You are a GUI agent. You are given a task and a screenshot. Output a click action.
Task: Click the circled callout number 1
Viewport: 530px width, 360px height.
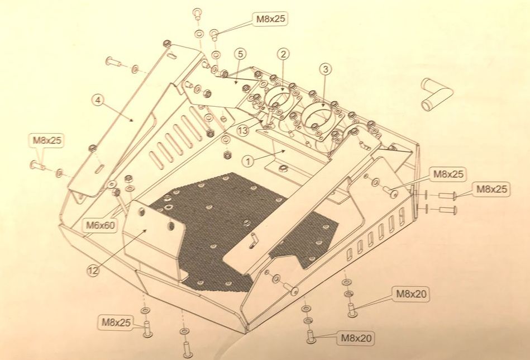tap(248, 162)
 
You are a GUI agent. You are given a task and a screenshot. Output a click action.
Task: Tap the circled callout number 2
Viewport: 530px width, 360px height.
tap(283, 54)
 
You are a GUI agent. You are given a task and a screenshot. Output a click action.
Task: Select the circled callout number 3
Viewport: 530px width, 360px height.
tap(326, 69)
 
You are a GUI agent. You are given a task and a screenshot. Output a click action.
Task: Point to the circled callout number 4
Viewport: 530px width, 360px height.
tap(98, 100)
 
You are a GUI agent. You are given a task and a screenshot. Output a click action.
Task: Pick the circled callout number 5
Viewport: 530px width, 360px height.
tap(240, 54)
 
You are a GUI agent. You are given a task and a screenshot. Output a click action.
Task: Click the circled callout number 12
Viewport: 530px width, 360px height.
tap(93, 271)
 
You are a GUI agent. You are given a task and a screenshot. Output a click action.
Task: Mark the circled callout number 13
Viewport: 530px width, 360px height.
tap(243, 131)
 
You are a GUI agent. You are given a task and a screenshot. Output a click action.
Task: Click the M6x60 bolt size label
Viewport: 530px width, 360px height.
tap(101, 225)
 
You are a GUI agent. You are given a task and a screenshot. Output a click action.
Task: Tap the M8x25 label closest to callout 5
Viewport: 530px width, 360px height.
tap(271, 18)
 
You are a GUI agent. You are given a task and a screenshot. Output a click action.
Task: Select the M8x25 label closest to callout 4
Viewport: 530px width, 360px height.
tap(47, 140)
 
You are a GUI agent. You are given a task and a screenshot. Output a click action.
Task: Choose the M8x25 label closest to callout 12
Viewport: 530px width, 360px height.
tap(116, 322)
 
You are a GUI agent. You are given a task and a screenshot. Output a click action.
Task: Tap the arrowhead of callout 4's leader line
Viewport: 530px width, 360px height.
tap(133, 120)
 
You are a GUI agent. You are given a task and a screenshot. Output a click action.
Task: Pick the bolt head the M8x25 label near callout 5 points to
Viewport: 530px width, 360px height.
tap(213, 33)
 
